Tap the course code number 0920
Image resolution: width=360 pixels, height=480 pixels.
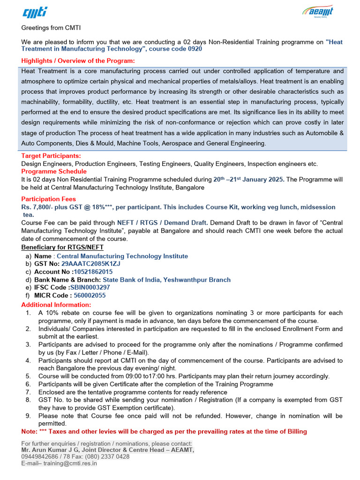[195, 49]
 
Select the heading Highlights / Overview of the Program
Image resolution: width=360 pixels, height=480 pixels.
[78, 61]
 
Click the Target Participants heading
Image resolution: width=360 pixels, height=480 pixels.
[51, 156]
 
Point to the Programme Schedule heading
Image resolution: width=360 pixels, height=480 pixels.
[54, 172]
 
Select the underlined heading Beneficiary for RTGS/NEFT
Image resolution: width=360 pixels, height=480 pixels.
[62, 247]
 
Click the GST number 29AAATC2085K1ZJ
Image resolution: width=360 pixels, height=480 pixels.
[90, 263]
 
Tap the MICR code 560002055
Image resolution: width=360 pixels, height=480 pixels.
[90, 295]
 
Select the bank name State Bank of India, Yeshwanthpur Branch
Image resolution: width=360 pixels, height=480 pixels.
[166, 279]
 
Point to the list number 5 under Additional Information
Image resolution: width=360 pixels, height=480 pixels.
[28, 376]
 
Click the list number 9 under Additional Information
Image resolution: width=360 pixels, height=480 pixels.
[28, 416]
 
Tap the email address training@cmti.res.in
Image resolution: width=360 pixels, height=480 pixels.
[70, 463]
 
